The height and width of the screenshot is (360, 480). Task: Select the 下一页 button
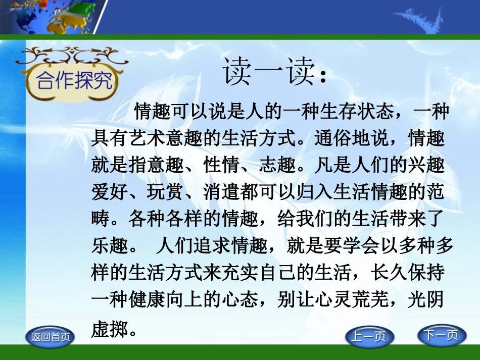(441, 335)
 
